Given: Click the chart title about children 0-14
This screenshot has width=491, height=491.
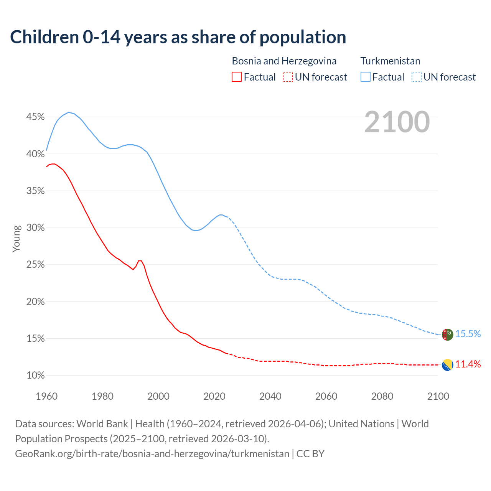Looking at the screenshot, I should pyautogui.click(x=178, y=37).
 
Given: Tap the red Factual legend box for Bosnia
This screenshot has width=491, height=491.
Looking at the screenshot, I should pyautogui.click(x=237, y=77).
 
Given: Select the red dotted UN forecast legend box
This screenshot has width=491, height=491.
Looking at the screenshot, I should pyautogui.click(x=288, y=77).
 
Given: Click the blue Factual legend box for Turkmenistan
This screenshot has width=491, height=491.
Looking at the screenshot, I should pyautogui.click(x=366, y=77).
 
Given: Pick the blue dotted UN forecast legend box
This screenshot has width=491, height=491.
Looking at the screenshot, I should pyautogui.click(x=417, y=77).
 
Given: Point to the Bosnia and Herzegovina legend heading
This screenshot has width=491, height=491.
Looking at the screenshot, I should pyautogui.click(x=284, y=61).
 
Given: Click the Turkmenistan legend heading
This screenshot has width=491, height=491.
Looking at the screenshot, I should pyautogui.click(x=390, y=61).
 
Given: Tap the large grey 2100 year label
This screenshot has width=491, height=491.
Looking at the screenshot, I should pyautogui.click(x=397, y=122).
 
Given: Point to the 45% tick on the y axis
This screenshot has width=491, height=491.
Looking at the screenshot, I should pyautogui.click(x=35, y=117).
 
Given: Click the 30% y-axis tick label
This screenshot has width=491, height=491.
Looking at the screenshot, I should pyautogui.click(x=35, y=228).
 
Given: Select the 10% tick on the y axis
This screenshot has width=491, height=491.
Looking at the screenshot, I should pyautogui.click(x=35, y=376).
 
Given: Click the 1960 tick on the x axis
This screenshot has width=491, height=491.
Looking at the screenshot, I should pyautogui.click(x=46, y=396).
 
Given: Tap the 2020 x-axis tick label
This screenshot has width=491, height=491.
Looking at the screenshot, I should pyautogui.click(x=214, y=396).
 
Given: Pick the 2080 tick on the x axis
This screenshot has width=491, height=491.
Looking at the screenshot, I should pyautogui.click(x=382, y=396).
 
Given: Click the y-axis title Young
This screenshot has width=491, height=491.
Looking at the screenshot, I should pyautogui.click(x=16, y=239).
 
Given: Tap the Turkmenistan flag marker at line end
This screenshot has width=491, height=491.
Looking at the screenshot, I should pyautogui.click(x=447, y=334).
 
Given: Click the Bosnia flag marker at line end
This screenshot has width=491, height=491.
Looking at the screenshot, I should pyautogui.click(x=447, y=365).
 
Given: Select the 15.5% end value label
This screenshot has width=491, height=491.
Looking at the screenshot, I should pyautogui.click(x=468, y=334).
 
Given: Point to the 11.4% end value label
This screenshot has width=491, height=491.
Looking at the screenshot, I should pyautogui.click(x=468, y=364).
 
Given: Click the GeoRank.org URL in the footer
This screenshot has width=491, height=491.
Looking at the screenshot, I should pyautogui.click(x=152, y=454).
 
